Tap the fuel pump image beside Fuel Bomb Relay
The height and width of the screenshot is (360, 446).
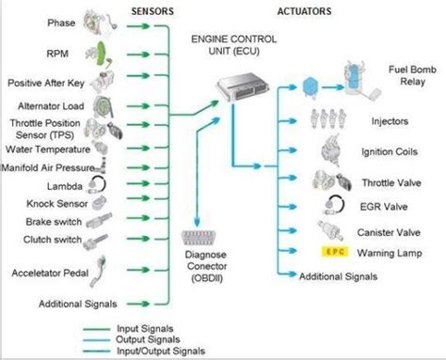[x=357, y=80]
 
